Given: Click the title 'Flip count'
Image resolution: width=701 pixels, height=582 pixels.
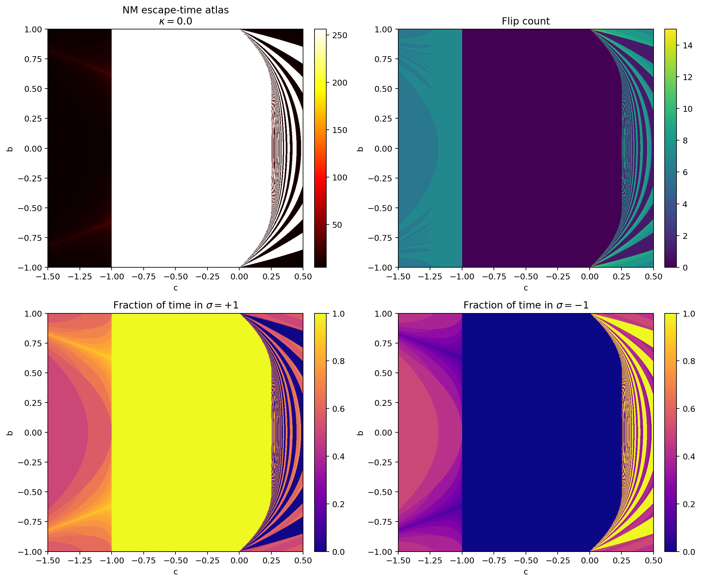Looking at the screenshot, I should (x=525, y=21).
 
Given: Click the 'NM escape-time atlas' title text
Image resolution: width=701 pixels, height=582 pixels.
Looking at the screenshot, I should (x=176, y=10).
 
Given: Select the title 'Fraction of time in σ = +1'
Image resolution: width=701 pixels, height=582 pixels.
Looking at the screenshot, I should (x=176, y=305).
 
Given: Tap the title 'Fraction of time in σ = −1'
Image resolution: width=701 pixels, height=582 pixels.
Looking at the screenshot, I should (x=525, y=305).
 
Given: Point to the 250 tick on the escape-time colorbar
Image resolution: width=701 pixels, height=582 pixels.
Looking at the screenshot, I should (x=340, y=35).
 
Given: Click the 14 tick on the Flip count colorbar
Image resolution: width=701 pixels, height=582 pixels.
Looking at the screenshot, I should (x=687, y=46).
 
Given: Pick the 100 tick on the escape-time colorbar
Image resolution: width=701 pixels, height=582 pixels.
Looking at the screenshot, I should (x=340, y=177).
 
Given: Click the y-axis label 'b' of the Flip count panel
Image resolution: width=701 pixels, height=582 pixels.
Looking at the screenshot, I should (x=360, y=149).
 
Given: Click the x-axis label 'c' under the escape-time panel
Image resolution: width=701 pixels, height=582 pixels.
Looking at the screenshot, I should (x=176, y=288).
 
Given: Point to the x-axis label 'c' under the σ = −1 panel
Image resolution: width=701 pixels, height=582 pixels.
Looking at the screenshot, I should (x=525, y=572).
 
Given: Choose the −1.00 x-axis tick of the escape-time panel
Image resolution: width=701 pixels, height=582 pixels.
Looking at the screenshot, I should (x=112, y=277).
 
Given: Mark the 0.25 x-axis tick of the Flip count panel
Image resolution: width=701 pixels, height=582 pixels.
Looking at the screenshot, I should (x=621, y=277).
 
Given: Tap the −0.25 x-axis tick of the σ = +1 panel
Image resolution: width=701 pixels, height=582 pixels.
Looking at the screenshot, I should (x=207, y=561).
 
